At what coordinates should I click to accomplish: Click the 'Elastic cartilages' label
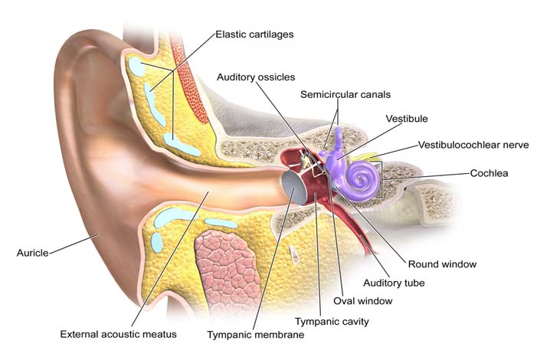point(255,34)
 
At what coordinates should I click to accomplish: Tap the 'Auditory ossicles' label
point(255,77)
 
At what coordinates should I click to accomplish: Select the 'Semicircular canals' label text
point(345,94)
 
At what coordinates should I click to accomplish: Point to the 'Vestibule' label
point(406,119)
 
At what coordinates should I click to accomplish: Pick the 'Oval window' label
point(358,300)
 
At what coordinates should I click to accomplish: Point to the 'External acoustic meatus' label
point(119,335)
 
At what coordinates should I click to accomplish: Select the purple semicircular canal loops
point(335,157)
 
